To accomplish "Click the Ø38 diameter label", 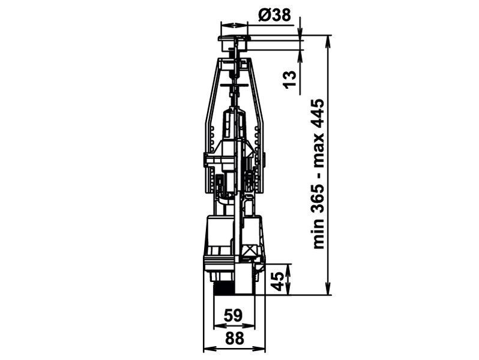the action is tap(274, 14).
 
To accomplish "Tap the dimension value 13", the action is tap(290, 79).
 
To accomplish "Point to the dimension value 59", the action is tap(233, 316).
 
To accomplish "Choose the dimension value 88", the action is tap(235, 338).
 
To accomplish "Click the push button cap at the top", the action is tap(233, 38).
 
